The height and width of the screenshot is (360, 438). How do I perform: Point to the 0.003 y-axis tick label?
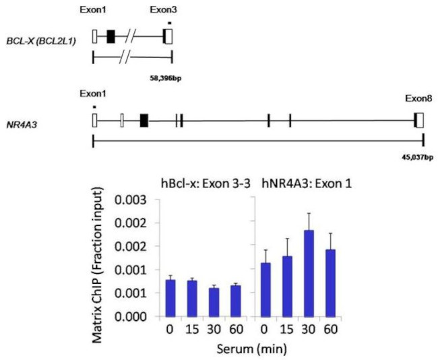click(x=129, y=200)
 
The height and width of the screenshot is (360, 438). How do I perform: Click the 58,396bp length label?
click(x=166, y=78)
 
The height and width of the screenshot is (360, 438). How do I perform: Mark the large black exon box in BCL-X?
click(x=111, y=37)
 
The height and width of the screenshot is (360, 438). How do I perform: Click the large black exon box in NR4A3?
click(x=144, y=120)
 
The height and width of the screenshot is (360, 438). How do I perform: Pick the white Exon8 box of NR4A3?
click(x=420, y=120)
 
